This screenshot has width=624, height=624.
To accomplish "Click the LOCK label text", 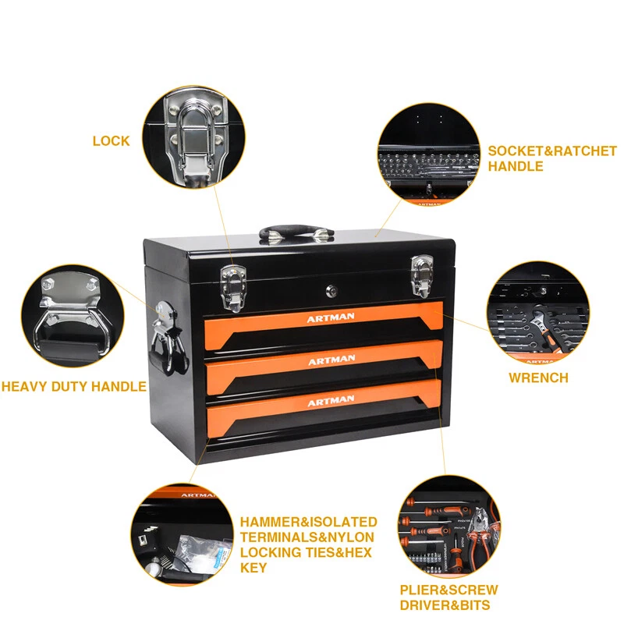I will tap(111, 141).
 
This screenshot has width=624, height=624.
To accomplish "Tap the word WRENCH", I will tap(538, 378).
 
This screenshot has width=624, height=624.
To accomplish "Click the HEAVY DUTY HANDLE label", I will tap(73, 386).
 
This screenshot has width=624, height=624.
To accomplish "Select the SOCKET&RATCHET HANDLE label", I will tap(551, 159).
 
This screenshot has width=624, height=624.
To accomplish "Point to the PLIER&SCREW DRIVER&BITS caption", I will tap(448, 597).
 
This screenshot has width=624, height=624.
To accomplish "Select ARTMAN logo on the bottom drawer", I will tap(331, 402).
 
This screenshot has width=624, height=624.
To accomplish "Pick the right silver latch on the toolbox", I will tap(422, 275).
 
